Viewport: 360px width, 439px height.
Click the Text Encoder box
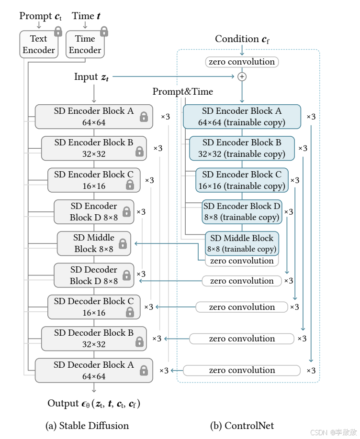[x=38, y=44]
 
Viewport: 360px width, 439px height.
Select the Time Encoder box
[x=85, y=44]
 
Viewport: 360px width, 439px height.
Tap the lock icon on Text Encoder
[x=58, y=32]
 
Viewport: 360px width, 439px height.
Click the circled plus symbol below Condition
[x=242, y=77]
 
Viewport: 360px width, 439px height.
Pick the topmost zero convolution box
[x=242, y=62]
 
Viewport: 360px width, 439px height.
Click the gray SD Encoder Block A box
[x=93, y=117]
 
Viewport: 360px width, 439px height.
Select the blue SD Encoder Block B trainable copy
[x=242, y=148]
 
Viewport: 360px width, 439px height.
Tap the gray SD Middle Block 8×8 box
[x=93, y=243]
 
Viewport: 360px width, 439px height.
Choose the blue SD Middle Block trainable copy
[x=242, y=243]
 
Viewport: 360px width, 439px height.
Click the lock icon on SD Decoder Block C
[x=129, y=312]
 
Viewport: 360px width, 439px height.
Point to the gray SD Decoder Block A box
[x=93, y=370]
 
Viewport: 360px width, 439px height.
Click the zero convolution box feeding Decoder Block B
[x=242, y=339]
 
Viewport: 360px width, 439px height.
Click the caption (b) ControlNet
[x=242, y=425]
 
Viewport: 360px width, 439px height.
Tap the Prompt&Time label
[x=183, y=91]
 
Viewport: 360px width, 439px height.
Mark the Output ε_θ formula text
[x=94, y=404]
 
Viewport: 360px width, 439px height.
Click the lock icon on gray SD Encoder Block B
[x=139, y=152]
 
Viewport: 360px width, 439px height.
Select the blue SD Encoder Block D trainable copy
[x=242, y=212]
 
